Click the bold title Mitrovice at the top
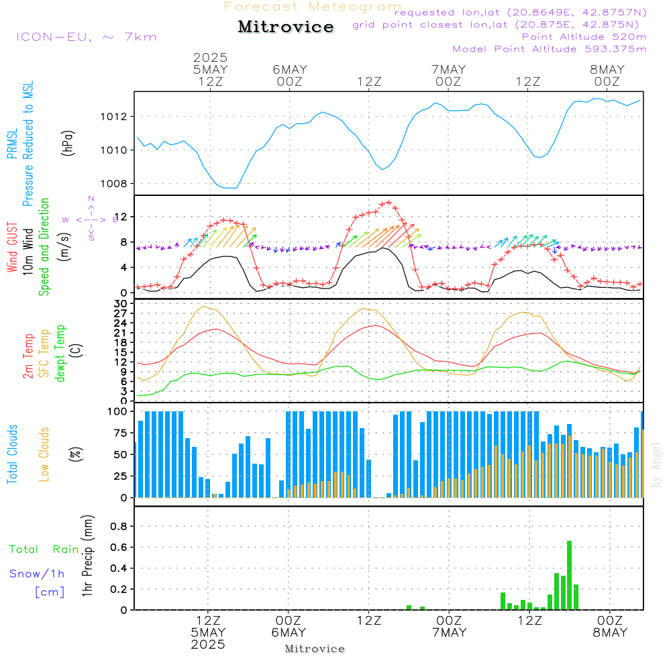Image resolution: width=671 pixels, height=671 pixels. point(286,27)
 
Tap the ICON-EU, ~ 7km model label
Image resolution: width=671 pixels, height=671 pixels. point(87,37)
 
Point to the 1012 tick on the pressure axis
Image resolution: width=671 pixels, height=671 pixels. point(113,116)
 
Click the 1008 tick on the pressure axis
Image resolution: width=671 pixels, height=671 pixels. point(113,184)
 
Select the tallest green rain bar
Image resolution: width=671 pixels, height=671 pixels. point(569,575)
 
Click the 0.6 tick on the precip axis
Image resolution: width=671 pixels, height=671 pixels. point(119,548)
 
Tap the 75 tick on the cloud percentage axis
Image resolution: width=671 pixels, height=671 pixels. point(120,433)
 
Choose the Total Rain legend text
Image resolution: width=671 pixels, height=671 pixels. point(44,550)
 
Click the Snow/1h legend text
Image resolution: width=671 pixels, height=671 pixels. point(37,574)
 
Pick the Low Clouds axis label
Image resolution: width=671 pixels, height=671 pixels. point(44,454)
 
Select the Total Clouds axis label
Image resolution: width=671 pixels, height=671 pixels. point(12,454)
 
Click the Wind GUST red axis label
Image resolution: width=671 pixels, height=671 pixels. point(12,248)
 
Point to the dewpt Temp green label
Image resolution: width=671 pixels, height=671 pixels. point(60,353)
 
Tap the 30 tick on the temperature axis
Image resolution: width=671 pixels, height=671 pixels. point(121,303)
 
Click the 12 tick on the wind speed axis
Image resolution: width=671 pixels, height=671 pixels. point(121,217)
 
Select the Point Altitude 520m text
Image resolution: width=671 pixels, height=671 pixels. point(584,37)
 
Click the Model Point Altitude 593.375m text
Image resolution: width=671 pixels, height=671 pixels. point(550,49)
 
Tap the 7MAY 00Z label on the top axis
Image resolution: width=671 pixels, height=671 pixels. point(448,75)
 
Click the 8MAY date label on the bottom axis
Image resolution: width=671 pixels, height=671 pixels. point(610,633)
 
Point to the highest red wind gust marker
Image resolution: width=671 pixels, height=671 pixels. point(389,203)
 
